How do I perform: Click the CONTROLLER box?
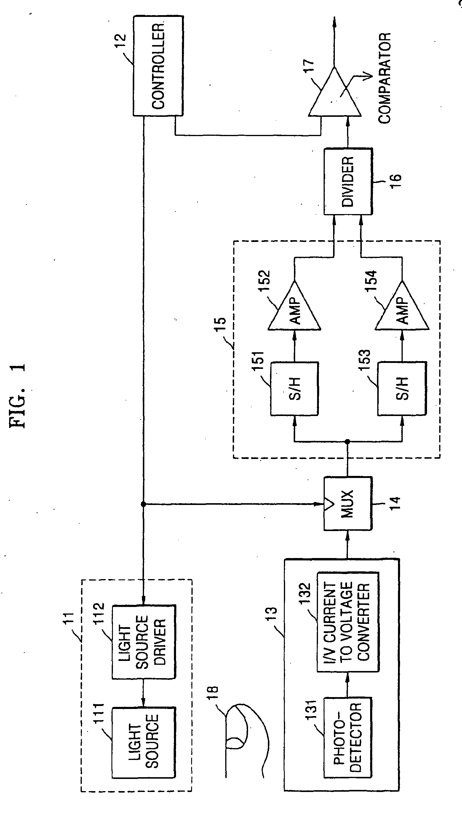click(x=158, y=66)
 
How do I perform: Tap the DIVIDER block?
click(x=348, y=181)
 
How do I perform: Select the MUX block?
click(x=348, y=504)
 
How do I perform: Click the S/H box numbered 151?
click(x=294, y=388)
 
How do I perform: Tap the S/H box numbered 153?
click(x=402, y=388)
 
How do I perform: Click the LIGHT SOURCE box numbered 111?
click(x=143, y=742)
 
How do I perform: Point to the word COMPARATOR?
click(x=384, y=78)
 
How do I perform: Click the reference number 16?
click(x=396, y=181)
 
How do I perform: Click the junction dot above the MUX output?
click(x=347, y=442)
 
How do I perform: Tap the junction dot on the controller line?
click(x=143, y=504)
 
